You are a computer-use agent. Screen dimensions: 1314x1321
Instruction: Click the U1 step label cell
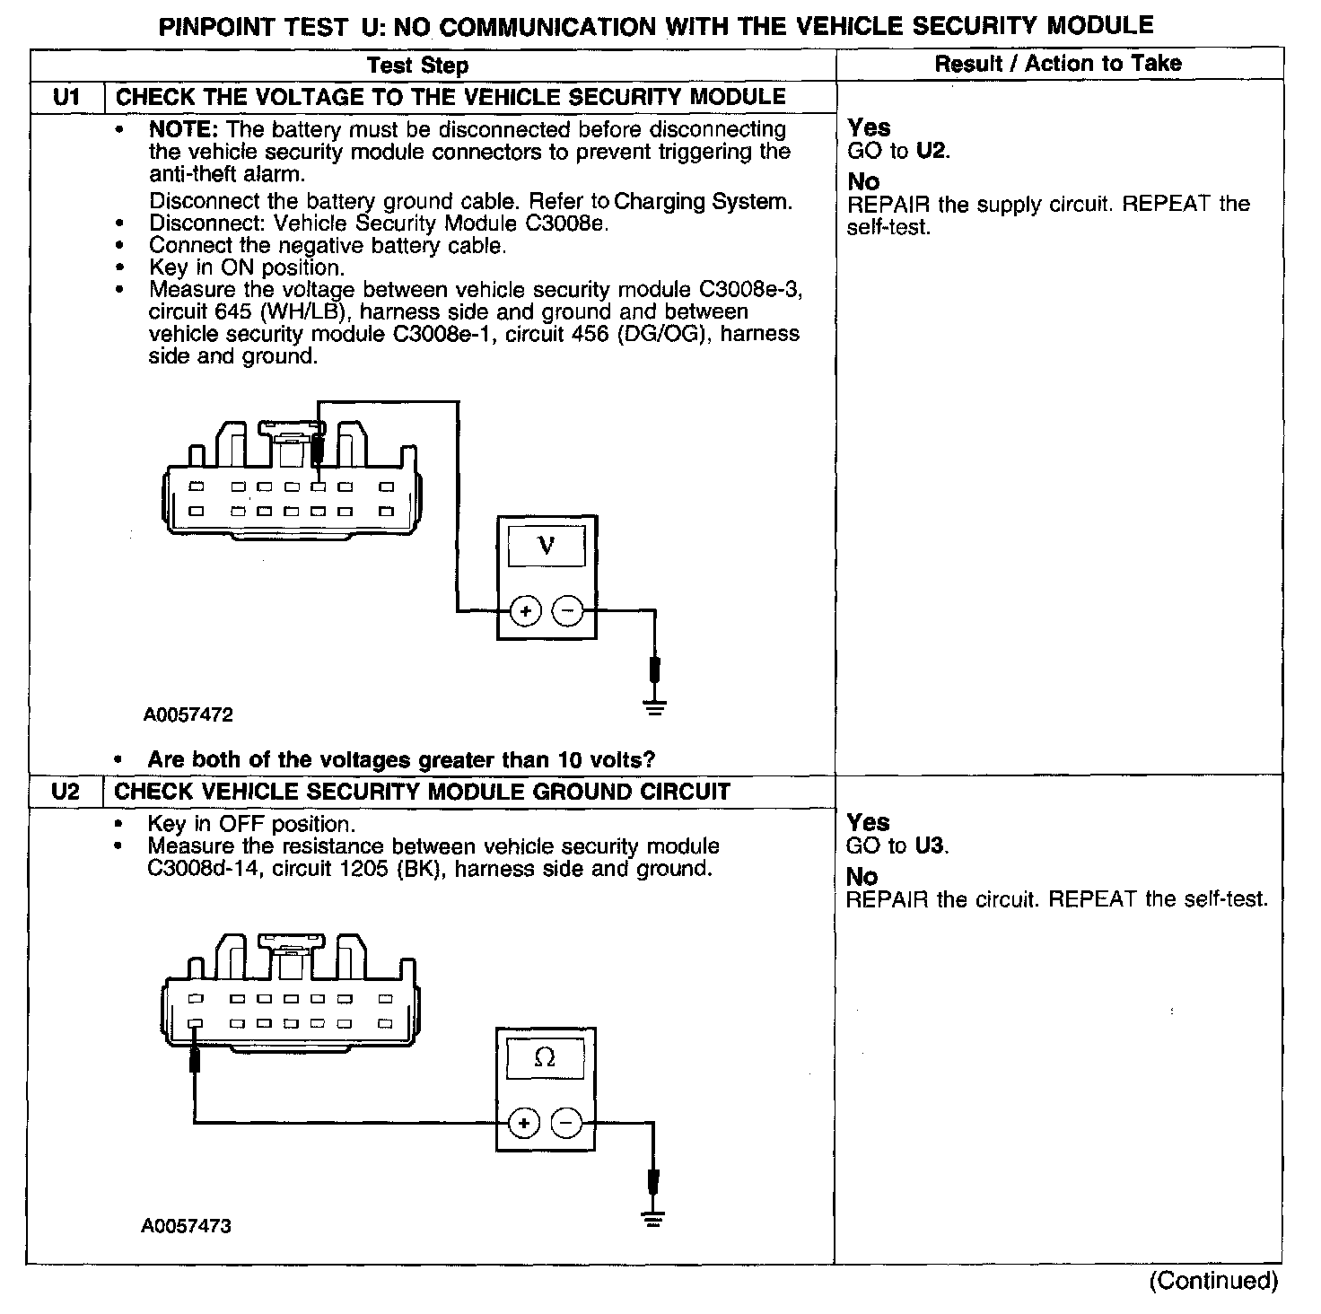pos(67,97)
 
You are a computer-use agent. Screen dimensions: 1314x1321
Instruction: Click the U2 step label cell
pos(66,792)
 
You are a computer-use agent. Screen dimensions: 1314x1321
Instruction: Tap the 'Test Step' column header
pos(418,66)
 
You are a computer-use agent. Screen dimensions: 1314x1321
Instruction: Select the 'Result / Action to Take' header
pos(1058,64)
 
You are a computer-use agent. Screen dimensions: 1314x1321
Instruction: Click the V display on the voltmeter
pos(547,545)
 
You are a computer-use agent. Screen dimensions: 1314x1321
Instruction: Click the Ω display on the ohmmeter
pos(545,1058)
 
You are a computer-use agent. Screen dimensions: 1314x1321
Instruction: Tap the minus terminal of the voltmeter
pos(567,611)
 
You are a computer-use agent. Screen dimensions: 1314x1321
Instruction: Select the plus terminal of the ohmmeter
pos(524,1123)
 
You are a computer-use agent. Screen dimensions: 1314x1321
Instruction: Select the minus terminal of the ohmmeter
pos(565,1123)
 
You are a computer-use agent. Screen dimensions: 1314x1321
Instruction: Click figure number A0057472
pos(188,715)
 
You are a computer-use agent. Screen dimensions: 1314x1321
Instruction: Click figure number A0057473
pos(186,1226)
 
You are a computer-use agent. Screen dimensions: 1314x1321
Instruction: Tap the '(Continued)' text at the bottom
pos(1212,1281)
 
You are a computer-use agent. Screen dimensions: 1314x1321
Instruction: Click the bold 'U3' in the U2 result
pos(932,845)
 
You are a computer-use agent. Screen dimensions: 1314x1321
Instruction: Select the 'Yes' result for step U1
pos(869,127)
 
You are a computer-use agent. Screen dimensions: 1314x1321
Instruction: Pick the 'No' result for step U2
pos(862,876)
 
